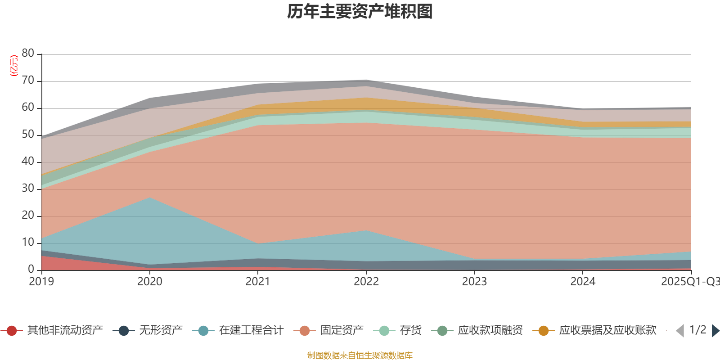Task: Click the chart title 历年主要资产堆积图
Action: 360,12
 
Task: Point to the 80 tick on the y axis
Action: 28,53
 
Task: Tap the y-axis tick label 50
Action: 28,134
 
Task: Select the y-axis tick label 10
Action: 28,242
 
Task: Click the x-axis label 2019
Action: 41,282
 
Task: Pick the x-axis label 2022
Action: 366,282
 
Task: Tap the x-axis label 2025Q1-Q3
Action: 690,282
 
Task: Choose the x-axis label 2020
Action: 150,282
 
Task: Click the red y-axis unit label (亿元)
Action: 14,66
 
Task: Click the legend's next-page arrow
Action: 715,331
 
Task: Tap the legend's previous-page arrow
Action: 680,331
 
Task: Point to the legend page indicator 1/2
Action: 697,330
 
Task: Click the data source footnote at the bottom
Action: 360,355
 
